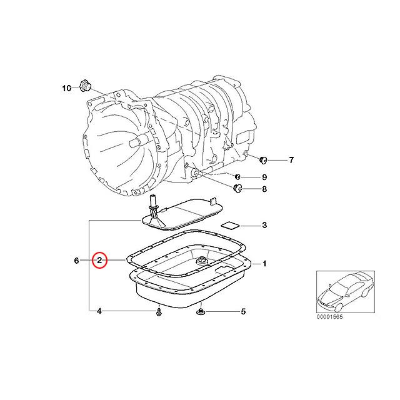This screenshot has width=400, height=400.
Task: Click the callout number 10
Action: click(67, 89)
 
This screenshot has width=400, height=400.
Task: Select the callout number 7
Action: click(290, 161)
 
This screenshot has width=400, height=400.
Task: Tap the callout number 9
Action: click(264, 177)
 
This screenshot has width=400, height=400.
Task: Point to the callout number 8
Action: click(264, 189)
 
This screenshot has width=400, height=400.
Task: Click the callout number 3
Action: click(264, 225)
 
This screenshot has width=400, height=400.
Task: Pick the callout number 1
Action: click(264, 264)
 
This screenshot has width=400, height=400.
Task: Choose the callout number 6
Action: click(77, 260)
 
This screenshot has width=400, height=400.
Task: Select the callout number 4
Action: click(99, 311)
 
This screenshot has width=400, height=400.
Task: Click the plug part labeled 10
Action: click(86, 86)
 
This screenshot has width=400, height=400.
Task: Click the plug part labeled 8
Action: click(237, 189)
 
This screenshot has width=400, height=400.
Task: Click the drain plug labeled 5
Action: click(201, 311)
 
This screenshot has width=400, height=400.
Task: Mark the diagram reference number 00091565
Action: click(331, 316)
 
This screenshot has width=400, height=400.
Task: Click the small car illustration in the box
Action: click(343, 291)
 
